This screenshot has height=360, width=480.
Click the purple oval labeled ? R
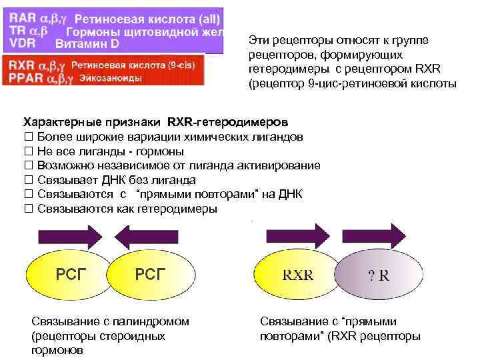[x=378, y=275]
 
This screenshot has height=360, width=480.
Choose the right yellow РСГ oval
[x=150, y=274]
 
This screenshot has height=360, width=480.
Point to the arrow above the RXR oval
[x=296, y=235]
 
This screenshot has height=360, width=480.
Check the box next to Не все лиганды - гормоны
[x=28, y=151]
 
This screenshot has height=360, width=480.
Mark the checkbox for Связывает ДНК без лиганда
[x=28, y=180]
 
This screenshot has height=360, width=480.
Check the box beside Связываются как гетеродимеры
[x=28, y=209]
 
